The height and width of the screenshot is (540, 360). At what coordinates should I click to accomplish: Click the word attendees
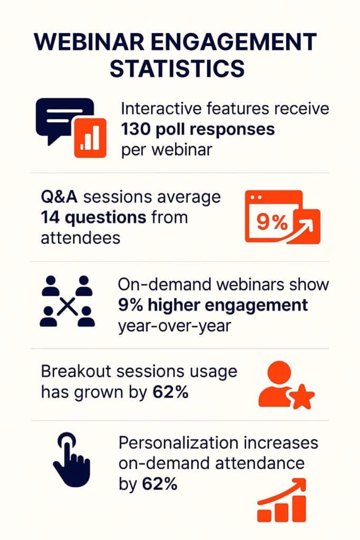(x=80, y=237)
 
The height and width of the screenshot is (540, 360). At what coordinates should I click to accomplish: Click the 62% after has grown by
(x=171, y=392)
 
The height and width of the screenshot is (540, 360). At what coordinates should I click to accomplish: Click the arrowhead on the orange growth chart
(x=300, y=483)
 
